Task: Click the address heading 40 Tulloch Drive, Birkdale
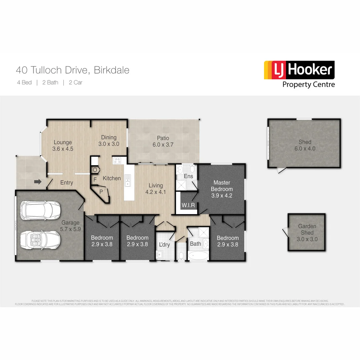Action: click(73, 70)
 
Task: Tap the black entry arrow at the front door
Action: click(38, 182)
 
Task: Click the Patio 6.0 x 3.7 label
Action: click(163, 141)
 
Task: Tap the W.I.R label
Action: click(188, 205)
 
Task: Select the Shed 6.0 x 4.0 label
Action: click(305, 145)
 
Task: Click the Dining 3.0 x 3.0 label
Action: click(109, 141)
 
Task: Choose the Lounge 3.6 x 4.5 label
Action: click(63, 146)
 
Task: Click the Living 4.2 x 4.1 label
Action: click(156, 189)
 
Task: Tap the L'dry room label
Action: click(164, 245)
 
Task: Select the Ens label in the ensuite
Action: click(188, 176)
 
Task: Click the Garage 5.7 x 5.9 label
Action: click(70, 226)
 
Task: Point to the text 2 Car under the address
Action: click(75, 83)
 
